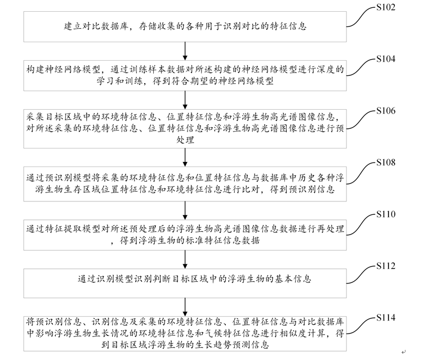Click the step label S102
pyautogui.click(x=386, y=7)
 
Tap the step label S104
pyautogui.click(x=386, y=59)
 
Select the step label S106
pyautogui.click(x=386, y=111)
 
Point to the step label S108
pyautogui.click(x=386, y=163)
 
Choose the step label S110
pyautogui.click(x=386, y=214)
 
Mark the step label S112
pyautogui.click(x=386, y=266)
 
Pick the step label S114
pyautogui.click(x=386, y=318)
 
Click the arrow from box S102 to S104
pyautogui.click(x=185, y=51)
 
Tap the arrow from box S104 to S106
pyautogui.click(x=185, y=100)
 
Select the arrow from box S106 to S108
pyautogui.click(x=185, y=157)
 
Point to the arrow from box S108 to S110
pyautogui.click(x=185, y=210)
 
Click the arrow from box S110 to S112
pyautogui.click(x=185, y=259)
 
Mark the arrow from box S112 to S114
pyautogui.click(x=185, y=307)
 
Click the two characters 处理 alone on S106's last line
pyautogui.click(x=185, y=140)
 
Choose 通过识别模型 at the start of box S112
pyautogui.click(x=105, y=279)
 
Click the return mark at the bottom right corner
pyautogui.click(x=404, y=352)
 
